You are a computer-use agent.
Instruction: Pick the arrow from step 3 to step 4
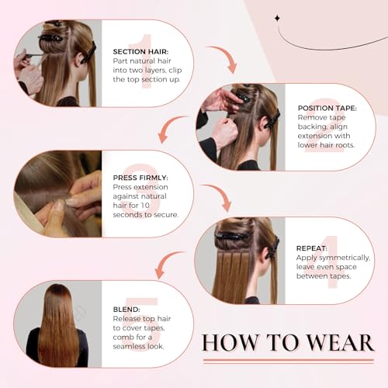point(220,199)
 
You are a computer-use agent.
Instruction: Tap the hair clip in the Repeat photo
point(233,236)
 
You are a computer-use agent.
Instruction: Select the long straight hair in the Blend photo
point(58,330)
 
